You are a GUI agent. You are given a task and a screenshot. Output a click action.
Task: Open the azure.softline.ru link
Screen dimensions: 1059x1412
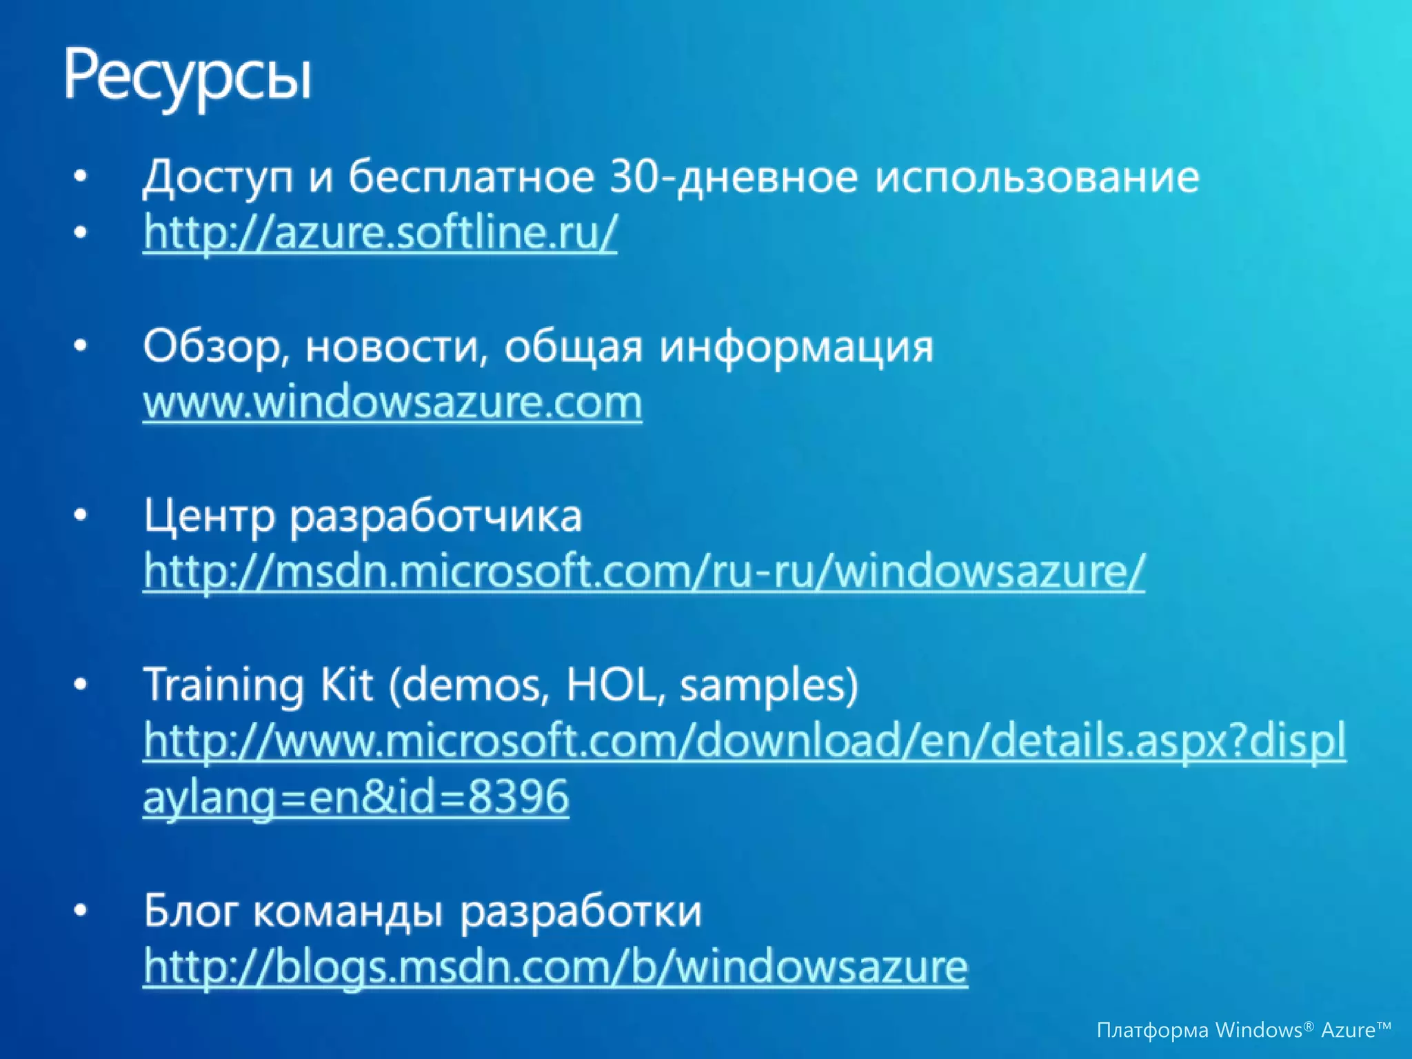coord(380,233)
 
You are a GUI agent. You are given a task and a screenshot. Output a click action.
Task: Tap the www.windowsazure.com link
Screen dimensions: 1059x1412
coord(392,403)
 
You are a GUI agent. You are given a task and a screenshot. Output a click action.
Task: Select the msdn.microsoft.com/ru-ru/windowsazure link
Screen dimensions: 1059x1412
coord(644,572)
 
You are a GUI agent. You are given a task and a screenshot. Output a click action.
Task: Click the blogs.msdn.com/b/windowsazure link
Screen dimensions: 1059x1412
coord(556,967)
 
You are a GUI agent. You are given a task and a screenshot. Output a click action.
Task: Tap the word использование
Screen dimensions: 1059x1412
coord(1037,178)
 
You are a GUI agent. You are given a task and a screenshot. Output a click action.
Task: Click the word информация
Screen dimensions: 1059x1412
coord(796,347)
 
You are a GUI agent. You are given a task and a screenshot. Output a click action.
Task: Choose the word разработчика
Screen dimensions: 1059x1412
coord(436,516)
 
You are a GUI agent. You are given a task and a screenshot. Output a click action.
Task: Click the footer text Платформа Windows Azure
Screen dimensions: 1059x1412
coord(1243,1030)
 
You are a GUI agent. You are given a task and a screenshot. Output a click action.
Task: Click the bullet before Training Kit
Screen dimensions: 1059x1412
coord(81,685)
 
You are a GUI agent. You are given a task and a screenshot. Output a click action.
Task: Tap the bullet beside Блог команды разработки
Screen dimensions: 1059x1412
coord(81,911)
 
